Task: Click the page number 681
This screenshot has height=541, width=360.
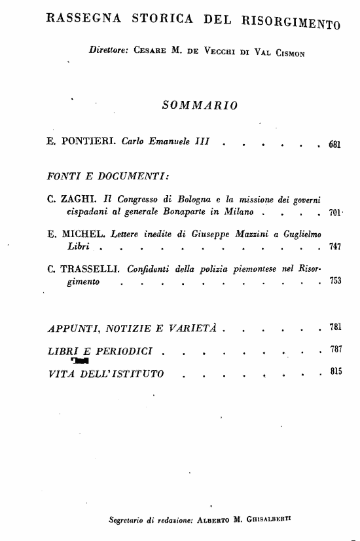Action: coord(335,144)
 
